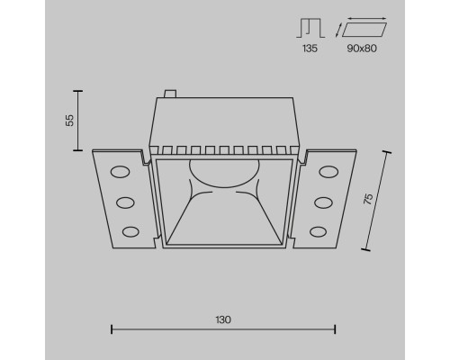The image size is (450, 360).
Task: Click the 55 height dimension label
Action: (x=69, y=119)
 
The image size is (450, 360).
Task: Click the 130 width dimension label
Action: (x=224, y=319)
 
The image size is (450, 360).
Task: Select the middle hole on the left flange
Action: (x=125, y=202)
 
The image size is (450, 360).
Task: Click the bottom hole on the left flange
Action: (x=130, y=232)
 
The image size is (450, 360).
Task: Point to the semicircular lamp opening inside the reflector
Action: (x=223, y=172)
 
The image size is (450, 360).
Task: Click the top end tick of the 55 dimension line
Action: (x=78, y=91)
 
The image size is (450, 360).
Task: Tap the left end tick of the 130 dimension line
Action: (x=111, y=330)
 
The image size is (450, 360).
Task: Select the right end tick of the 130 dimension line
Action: (x=336, y=330)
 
